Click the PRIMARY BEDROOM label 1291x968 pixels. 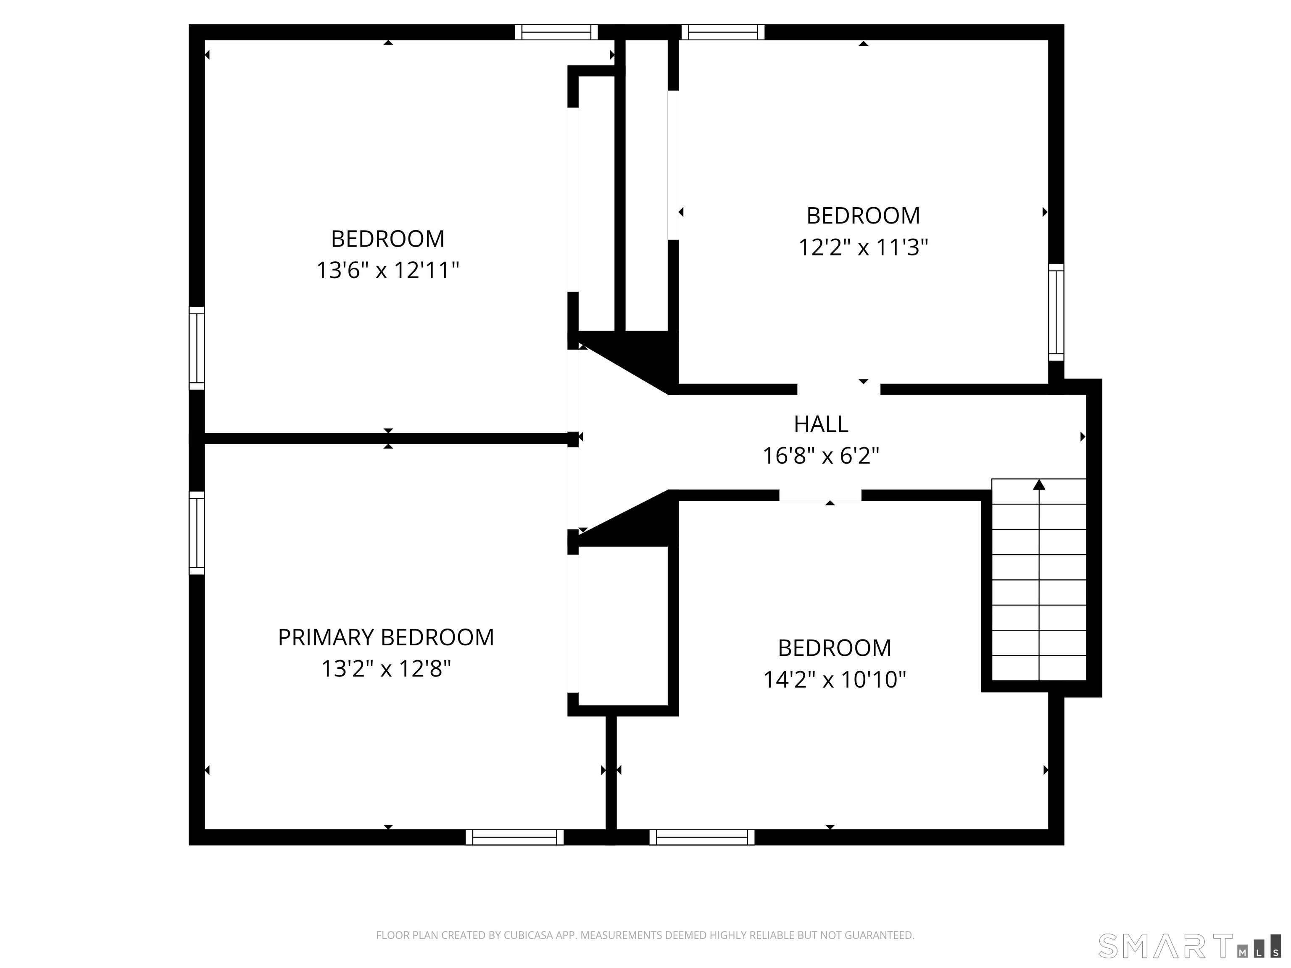click(x=386, y=637)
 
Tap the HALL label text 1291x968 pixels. click(x=821, y=424)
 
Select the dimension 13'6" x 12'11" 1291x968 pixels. click(x=387, y=270)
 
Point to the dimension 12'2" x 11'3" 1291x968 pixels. click(x=863, y=247)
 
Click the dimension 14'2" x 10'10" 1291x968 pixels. click(x=834, y=680)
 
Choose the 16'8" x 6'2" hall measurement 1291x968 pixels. click(x=821, y=456)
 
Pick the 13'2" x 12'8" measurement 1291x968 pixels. click(x=386, y=669)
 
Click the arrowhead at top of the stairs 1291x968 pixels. click(x=1039, y=484)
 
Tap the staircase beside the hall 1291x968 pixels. click(x=1039, y=584)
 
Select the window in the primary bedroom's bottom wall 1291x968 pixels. click(x=514, y=837)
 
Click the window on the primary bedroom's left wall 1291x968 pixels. click(x=197, y=533)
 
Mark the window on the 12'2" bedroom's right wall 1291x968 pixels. click(x=1056, y=312)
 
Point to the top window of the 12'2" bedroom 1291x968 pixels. click(x=722, y=32)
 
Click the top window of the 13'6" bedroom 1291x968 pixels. click(x=556, y=32)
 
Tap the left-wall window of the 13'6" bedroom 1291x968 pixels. click(x=197, y=348)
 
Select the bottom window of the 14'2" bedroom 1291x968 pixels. click(x=701, y=837)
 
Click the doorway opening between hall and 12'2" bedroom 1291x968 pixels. click(x=839, y=389)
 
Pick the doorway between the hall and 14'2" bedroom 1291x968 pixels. click(x=820, y=495)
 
